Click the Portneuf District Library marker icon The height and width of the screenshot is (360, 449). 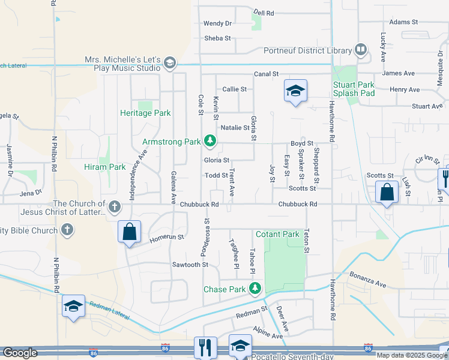click(361, 50)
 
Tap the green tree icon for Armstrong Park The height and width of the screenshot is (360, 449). click(209, 142)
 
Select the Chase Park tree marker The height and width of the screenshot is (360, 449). click(255, 289)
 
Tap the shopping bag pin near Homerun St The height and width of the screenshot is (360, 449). click(129, 232)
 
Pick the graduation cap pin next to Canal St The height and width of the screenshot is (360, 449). click(295, 91)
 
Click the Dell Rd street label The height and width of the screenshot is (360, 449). click(264, 12)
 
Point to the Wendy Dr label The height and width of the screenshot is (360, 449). click(217, 23)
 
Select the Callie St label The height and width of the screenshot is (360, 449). click(235, 89)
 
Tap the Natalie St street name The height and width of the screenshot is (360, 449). click(235, 128)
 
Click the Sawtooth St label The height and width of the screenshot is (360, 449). click(190, 264)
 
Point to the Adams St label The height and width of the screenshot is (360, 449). click(403, 22)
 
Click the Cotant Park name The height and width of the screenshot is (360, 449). click(277, 234)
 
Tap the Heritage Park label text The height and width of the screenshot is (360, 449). click(145, 113)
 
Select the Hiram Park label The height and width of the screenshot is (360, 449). click(105, 167)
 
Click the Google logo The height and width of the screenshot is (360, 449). click(20, 353)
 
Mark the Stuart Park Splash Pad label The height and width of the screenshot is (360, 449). click(354, 89)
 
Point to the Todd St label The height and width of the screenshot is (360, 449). click(216, 175)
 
